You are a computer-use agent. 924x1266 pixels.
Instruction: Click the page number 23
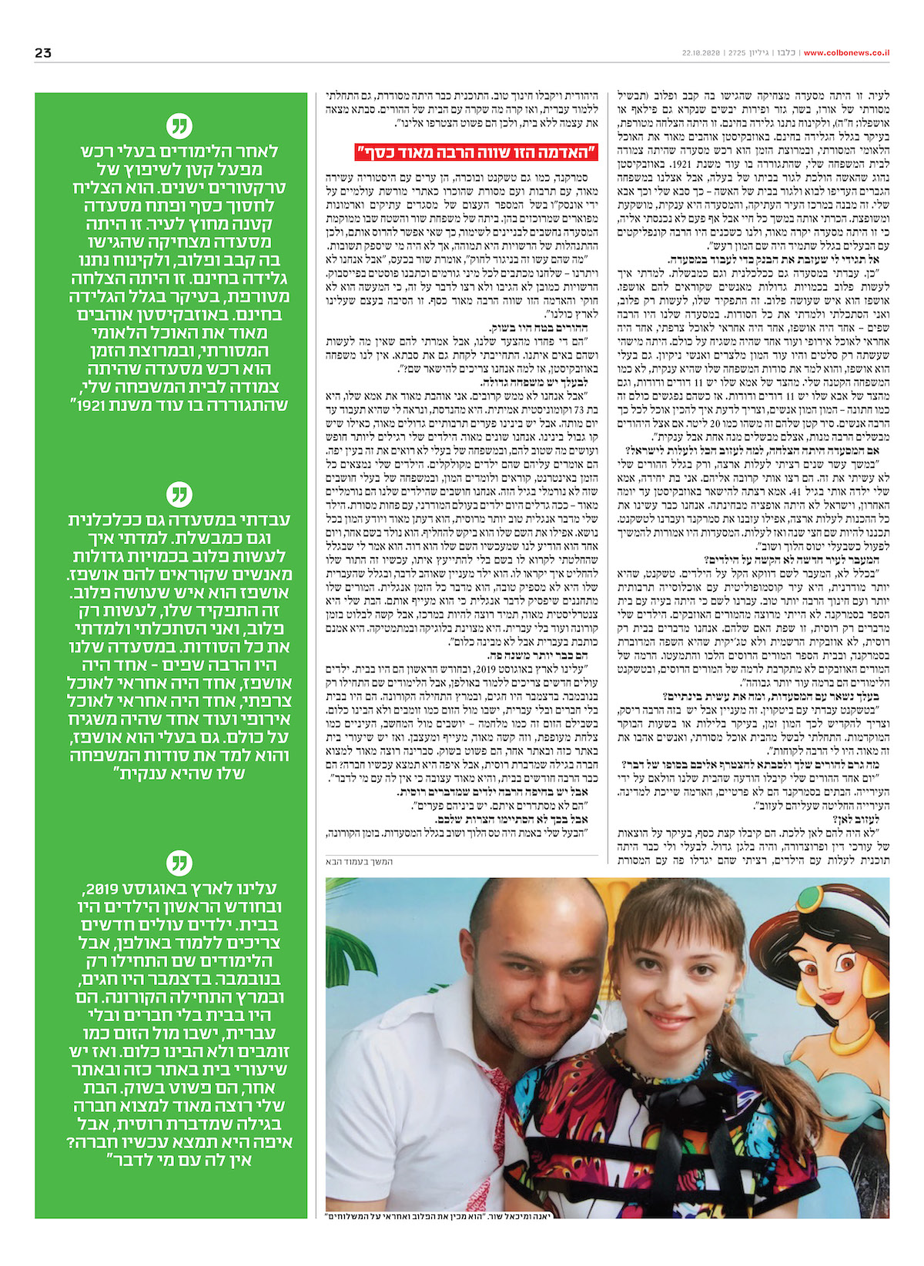click(x=43, y=52)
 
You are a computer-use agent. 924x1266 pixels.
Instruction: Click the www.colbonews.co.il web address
click(x=846, y=53)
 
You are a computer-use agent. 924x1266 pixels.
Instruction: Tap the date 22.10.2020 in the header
click(x=700, y=53)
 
